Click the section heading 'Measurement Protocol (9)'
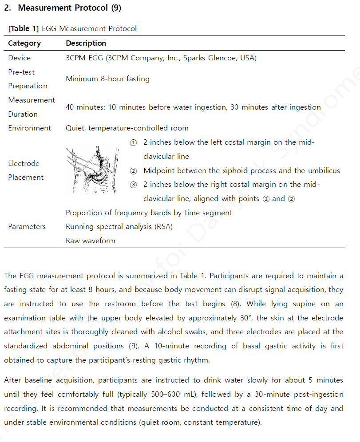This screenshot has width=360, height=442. pos(69,8)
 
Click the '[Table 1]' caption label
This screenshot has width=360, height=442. pos(24,29)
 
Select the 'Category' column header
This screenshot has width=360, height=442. pos(24,43)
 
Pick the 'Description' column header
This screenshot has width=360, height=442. pos(86,43)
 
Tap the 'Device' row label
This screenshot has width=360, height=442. pos(20,58)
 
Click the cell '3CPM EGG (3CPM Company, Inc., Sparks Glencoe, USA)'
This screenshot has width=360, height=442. pos(161,58)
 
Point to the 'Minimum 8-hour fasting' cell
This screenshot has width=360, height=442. pos(107,79)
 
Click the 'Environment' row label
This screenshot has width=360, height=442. pos(29,128)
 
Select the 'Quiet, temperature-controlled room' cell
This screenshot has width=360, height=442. pos(127,128)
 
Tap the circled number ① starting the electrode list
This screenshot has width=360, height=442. pos(133,143)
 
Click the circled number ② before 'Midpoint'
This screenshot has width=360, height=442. pos(133,171)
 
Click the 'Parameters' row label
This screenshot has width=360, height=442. pos(27,227)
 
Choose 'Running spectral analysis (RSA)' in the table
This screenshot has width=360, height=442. pos(119,227)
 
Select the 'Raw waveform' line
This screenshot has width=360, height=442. pos(91,241)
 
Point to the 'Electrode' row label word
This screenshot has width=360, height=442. pos(24,164)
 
